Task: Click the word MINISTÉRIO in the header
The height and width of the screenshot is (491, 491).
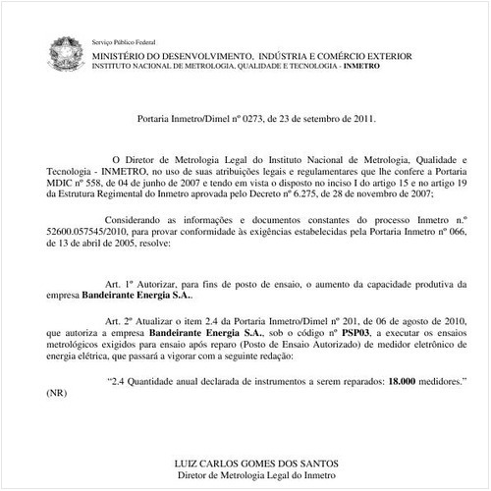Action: point(119,56)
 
